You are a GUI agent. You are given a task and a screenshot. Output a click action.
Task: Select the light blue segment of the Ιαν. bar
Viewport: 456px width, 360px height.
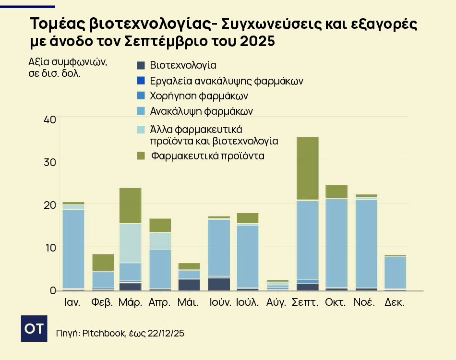(73, 249)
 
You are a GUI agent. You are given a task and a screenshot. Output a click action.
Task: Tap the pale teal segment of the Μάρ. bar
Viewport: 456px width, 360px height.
(130, 243)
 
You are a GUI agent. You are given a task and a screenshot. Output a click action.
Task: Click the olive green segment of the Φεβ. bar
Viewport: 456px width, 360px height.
(103, 262)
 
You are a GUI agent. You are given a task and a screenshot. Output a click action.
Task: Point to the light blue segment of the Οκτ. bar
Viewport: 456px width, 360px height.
(336, 242)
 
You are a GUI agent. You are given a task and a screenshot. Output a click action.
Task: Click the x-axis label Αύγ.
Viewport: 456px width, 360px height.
(276, 303)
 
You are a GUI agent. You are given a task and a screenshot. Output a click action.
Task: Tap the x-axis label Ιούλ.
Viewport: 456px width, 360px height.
(248, 303)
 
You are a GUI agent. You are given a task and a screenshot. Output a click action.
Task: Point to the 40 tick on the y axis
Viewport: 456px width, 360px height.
(49, 119)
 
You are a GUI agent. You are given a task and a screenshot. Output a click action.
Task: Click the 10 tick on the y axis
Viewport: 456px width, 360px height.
(49, 248)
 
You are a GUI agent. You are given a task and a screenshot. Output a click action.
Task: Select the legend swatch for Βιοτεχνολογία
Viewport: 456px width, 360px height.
(140, 65)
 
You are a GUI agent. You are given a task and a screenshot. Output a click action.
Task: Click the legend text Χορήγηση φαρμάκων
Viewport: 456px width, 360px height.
(199, 96)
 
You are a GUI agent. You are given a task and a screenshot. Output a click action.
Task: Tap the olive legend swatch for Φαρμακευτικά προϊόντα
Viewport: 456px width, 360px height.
(140, 156)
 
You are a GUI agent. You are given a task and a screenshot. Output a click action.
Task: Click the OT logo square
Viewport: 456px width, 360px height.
(34, 329)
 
